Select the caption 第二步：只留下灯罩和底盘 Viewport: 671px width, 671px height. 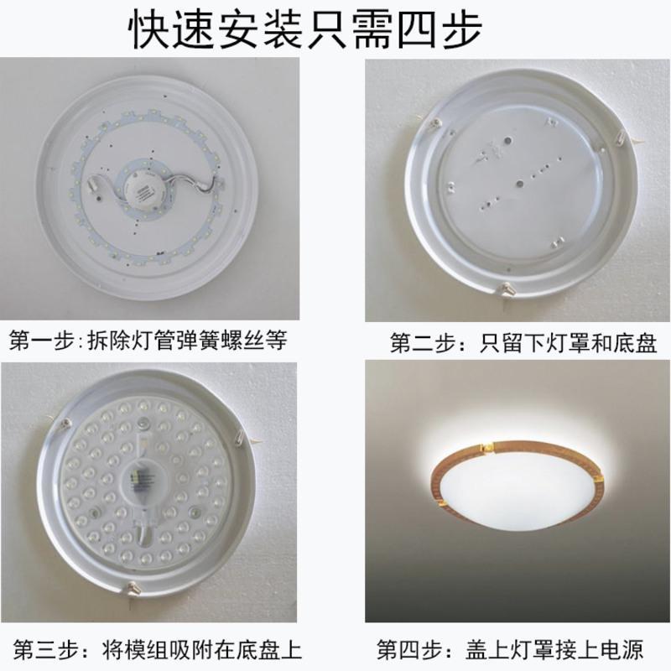(523, 343)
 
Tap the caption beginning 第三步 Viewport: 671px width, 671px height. (158, 650)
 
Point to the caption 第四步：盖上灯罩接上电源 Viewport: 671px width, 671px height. (510, 650)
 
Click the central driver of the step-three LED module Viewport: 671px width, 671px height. (143, 484)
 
